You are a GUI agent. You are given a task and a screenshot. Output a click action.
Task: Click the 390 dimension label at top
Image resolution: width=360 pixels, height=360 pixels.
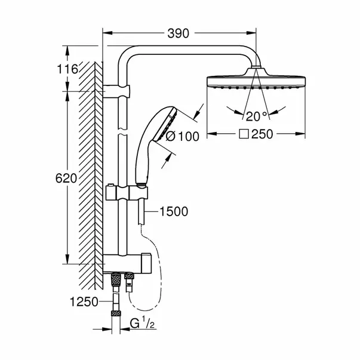coord(179,33)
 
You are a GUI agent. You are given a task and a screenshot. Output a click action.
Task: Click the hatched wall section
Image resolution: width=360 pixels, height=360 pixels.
coord(87,179)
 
